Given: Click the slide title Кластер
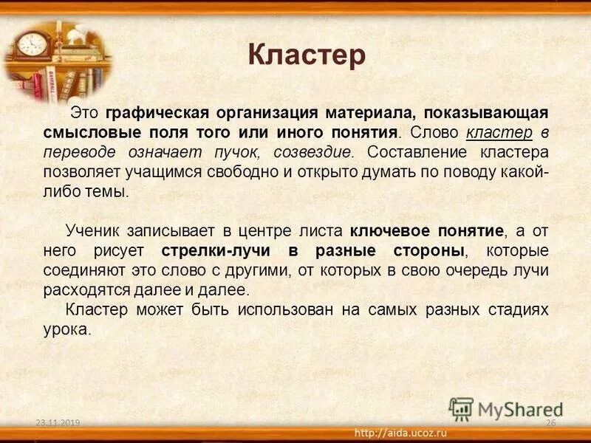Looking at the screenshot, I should (x=306, y=56).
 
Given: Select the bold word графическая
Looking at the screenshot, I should (x=157, y=113).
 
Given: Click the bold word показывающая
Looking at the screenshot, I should (x=485, y=113).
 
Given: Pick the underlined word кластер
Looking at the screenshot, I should (x=499, y=133).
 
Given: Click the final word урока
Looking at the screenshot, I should (x=66, y=329).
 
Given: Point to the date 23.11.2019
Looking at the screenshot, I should (x=57, y=422).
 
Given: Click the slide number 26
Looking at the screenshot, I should (x=550, y=422).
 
